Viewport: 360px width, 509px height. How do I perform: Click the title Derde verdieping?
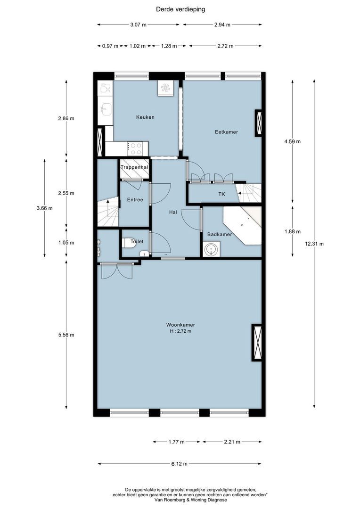click(x=180, y=9)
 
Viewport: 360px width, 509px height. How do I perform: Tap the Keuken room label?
click(x=145, y=117)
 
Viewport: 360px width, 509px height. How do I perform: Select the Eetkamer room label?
click(x=226, y=132)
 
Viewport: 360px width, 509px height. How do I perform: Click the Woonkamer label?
click(x=180, y=325)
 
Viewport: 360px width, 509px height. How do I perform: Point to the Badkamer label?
click(x=220, y=234)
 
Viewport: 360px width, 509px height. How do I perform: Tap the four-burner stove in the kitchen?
click(x=136, y=148)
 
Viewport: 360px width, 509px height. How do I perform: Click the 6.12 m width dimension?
click(x=180, y=464)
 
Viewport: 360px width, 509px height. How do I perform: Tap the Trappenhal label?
click(x=135, y=167)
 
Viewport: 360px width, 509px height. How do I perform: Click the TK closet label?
click(x=221, y=194)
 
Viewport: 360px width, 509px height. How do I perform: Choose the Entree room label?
click(x=135, y=200)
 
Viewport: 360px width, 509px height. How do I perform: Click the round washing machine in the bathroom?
click(x=212, y=248)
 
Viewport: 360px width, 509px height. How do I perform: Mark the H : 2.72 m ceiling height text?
click(x=180, y=331)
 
